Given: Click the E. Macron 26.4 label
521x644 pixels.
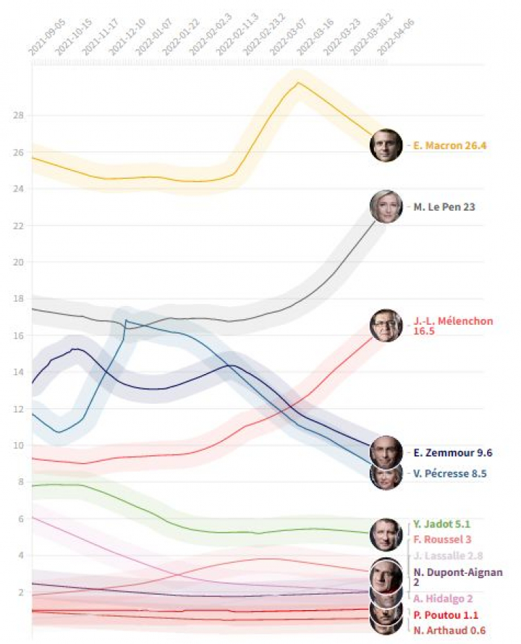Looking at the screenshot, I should point(450,145).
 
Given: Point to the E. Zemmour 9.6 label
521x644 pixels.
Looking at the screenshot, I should point(453,453).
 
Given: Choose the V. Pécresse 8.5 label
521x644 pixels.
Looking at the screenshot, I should point(450,474).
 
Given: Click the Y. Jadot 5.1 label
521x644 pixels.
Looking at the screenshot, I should point(442,524).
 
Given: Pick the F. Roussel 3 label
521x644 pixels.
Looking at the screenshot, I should point(442,540).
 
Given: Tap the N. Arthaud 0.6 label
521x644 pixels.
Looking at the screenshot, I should point(449,630).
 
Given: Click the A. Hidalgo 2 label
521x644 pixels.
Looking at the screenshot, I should point(443,598).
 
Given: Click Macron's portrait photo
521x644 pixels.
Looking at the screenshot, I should point(386,145).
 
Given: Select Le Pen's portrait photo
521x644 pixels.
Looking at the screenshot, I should point(386,207).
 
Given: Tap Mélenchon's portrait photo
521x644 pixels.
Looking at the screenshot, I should point(386,326).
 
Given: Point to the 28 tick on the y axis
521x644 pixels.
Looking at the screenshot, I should point(19,116).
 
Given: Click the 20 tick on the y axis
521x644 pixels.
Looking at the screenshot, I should point(19,262).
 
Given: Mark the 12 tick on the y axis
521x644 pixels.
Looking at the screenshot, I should point(19,409).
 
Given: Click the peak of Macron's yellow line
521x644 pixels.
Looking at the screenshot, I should point(297,82).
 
